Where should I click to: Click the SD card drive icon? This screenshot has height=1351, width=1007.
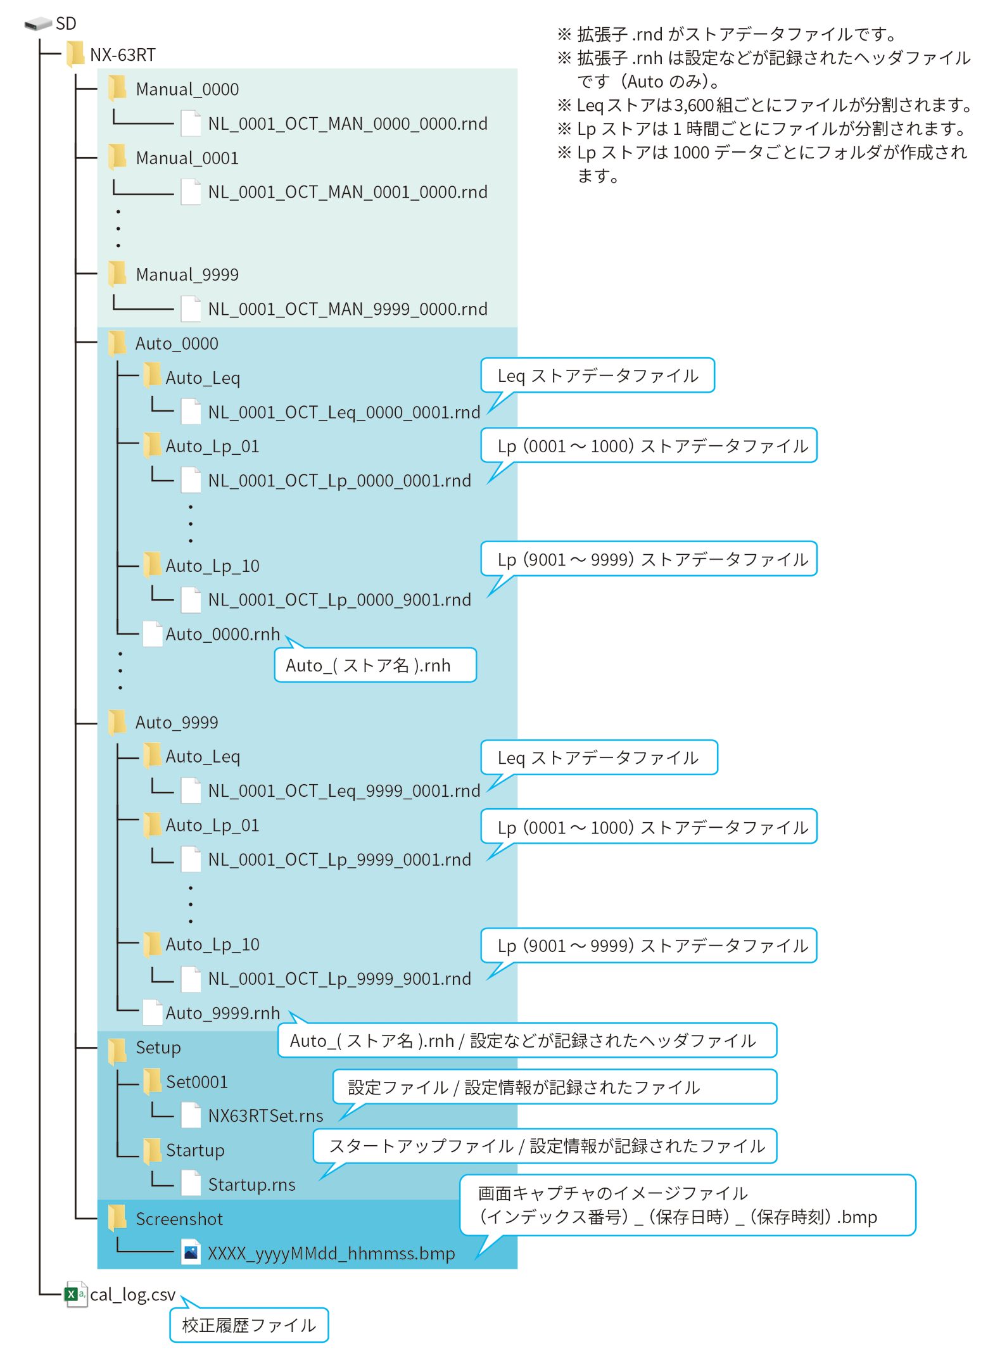(38, 24)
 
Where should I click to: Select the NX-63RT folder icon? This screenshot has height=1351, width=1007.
(75, 54)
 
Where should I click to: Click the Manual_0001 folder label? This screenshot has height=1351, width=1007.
(187, 158)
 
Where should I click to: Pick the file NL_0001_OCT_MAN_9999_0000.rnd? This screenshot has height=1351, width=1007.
(347, 309)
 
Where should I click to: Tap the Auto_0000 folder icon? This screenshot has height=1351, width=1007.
(117, 343)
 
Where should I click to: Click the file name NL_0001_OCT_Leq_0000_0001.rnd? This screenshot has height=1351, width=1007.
(344, 412)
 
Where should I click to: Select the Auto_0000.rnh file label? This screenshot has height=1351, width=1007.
(222, 634)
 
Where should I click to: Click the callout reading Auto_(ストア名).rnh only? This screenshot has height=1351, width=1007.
(375, 665)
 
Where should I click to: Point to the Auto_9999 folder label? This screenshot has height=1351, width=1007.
(177, 723)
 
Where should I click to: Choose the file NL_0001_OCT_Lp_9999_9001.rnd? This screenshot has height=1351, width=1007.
(339, 979)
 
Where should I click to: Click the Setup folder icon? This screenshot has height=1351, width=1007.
(117, 1048)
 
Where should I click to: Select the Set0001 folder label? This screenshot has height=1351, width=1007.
(196, 1082)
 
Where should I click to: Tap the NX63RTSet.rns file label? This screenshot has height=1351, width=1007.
(265, 1116)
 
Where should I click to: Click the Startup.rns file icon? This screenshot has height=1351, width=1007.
(191, 1184)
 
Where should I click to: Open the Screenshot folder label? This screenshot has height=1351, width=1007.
(179, 1219)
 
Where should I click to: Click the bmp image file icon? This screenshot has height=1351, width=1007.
(191, 1253)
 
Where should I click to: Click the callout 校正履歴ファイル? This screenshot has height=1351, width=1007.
(249, 1325)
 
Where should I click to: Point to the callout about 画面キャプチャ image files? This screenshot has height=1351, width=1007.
(687, 1205)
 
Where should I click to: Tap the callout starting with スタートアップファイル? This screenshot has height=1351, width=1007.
(546, 1146)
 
